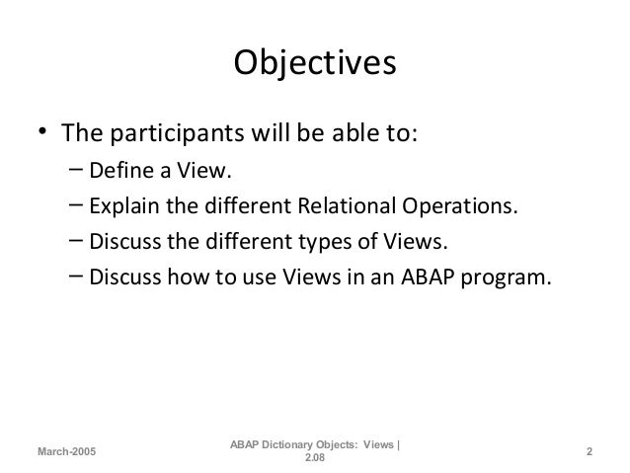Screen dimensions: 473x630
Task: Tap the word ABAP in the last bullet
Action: [430, 276]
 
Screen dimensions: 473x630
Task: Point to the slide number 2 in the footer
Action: [589, 452]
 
